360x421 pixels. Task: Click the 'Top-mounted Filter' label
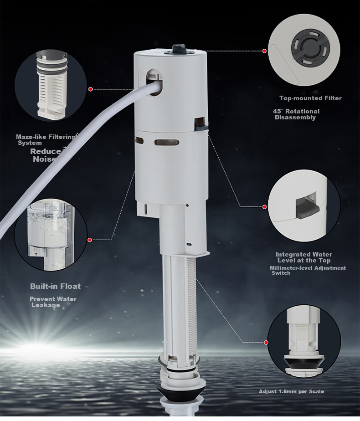pos(310,98)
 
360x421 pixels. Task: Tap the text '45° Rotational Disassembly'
pos(296,114)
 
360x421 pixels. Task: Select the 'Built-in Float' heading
pos(55,286)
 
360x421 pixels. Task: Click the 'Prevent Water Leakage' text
pos(53,302)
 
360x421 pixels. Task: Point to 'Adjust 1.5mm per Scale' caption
pos(291,391)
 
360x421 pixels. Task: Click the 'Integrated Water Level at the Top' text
pos(304,257)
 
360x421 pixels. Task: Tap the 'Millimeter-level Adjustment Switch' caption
pos(308,270)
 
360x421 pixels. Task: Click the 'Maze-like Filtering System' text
pos(46,139)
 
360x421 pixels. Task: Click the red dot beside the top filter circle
pos(264,51)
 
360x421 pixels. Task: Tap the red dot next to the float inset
pos(90,240)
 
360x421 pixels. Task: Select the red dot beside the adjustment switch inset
pos(265,207)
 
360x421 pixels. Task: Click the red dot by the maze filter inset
pos(91,89)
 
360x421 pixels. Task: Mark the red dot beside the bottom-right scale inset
pos(266,342)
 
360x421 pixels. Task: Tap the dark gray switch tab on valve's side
pos(201,124)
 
